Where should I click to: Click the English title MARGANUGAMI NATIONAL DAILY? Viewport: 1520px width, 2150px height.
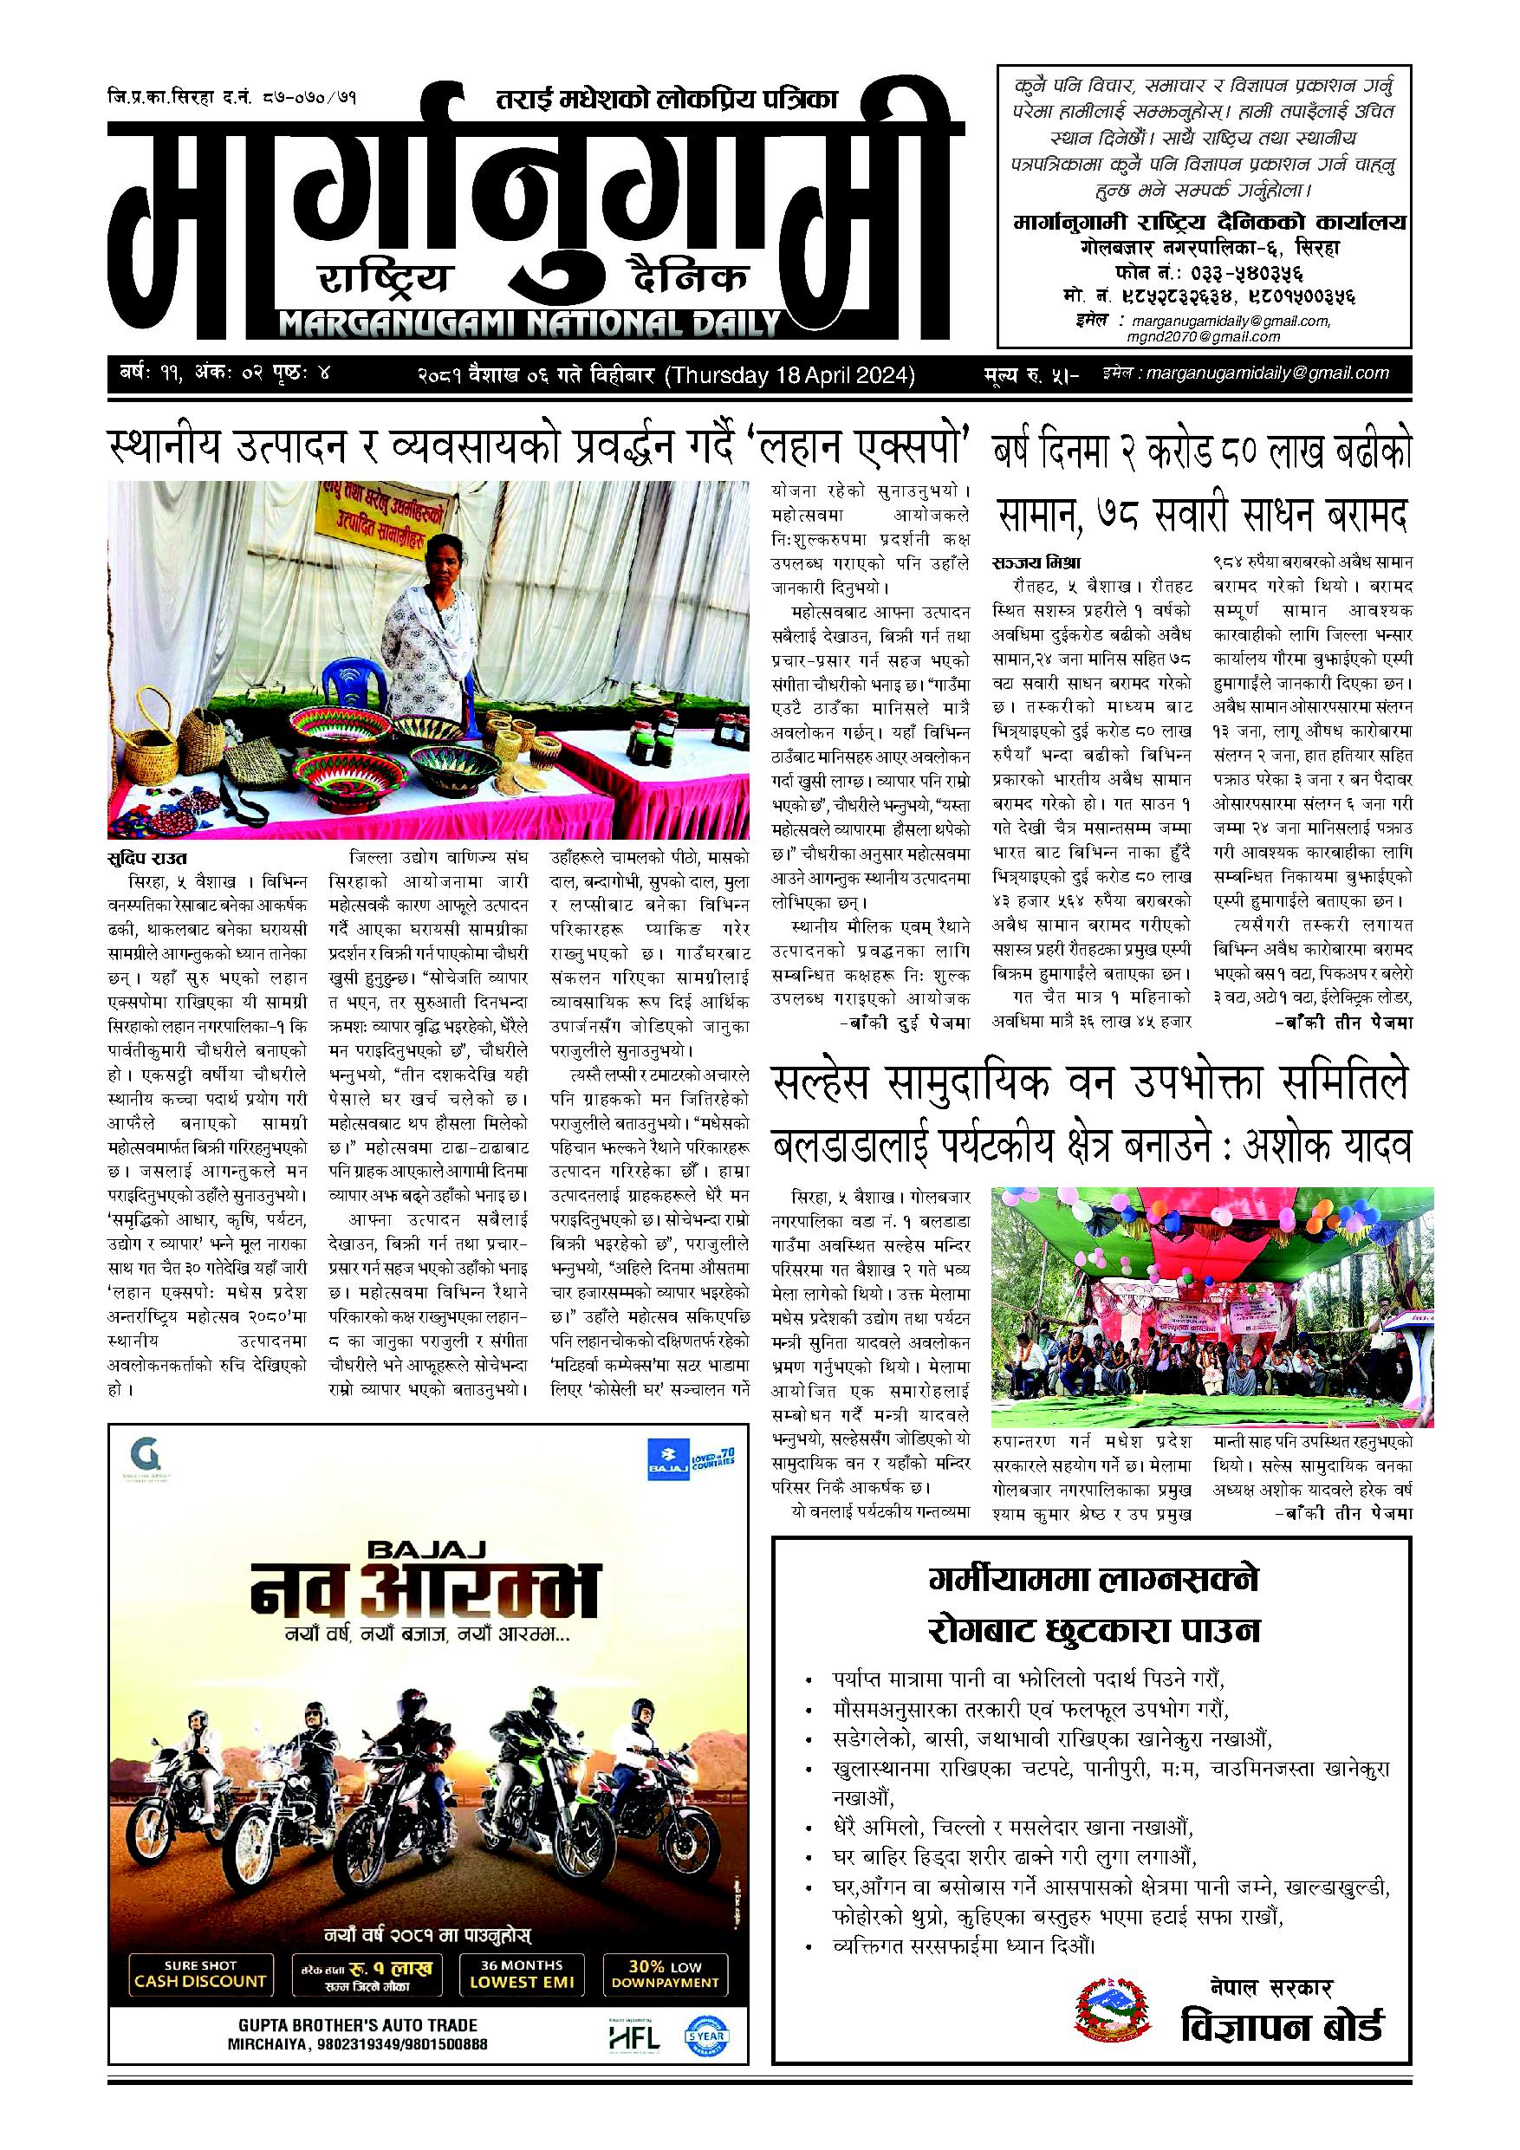(530, 325)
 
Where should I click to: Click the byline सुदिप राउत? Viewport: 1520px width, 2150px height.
(147, 859)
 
